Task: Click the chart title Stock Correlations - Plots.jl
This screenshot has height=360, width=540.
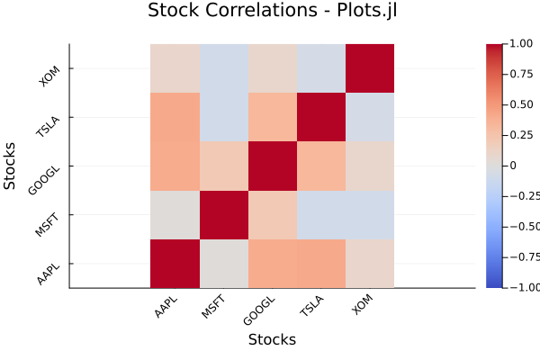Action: point(272,12)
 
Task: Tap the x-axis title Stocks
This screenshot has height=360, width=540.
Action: point(272,339)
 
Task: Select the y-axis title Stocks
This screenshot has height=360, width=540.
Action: point(10,166)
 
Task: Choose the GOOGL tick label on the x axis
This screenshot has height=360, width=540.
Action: point(260,309)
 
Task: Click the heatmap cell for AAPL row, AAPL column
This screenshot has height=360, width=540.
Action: point(175,264)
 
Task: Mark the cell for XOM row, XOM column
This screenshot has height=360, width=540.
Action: point(370,68)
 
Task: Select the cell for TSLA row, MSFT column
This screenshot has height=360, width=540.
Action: point(223,117)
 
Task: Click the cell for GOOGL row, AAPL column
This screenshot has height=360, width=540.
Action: point(175,166)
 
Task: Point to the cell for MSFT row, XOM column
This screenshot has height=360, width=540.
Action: point(370,214)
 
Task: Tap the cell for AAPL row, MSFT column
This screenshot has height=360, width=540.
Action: point(223,264)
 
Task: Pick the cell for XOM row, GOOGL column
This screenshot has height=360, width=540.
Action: point(272,68)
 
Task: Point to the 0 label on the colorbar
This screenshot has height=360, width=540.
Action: point(512,166)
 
